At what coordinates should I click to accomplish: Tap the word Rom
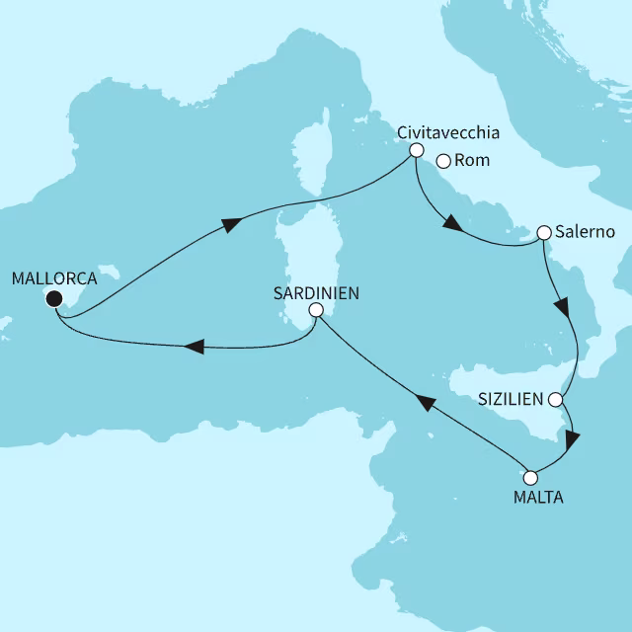click(474, 162)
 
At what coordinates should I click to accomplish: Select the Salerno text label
click(587, 232)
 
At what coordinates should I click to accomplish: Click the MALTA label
click(538, 498)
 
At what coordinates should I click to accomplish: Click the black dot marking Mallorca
click(54, 299)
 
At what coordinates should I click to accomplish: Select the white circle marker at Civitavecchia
click(416, 151)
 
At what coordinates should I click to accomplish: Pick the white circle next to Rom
click(443, 162)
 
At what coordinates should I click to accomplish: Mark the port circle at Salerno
click(543, 233)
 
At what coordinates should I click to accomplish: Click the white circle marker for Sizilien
click(555, 401)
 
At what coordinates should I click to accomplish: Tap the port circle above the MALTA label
click(530, 477)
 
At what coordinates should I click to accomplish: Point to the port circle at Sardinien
click(315, 310)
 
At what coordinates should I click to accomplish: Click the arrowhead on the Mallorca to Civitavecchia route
click(230, 225)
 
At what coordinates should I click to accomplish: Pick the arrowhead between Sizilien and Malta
click(573, 440)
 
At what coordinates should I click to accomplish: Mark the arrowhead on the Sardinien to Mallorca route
click(195, 347)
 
